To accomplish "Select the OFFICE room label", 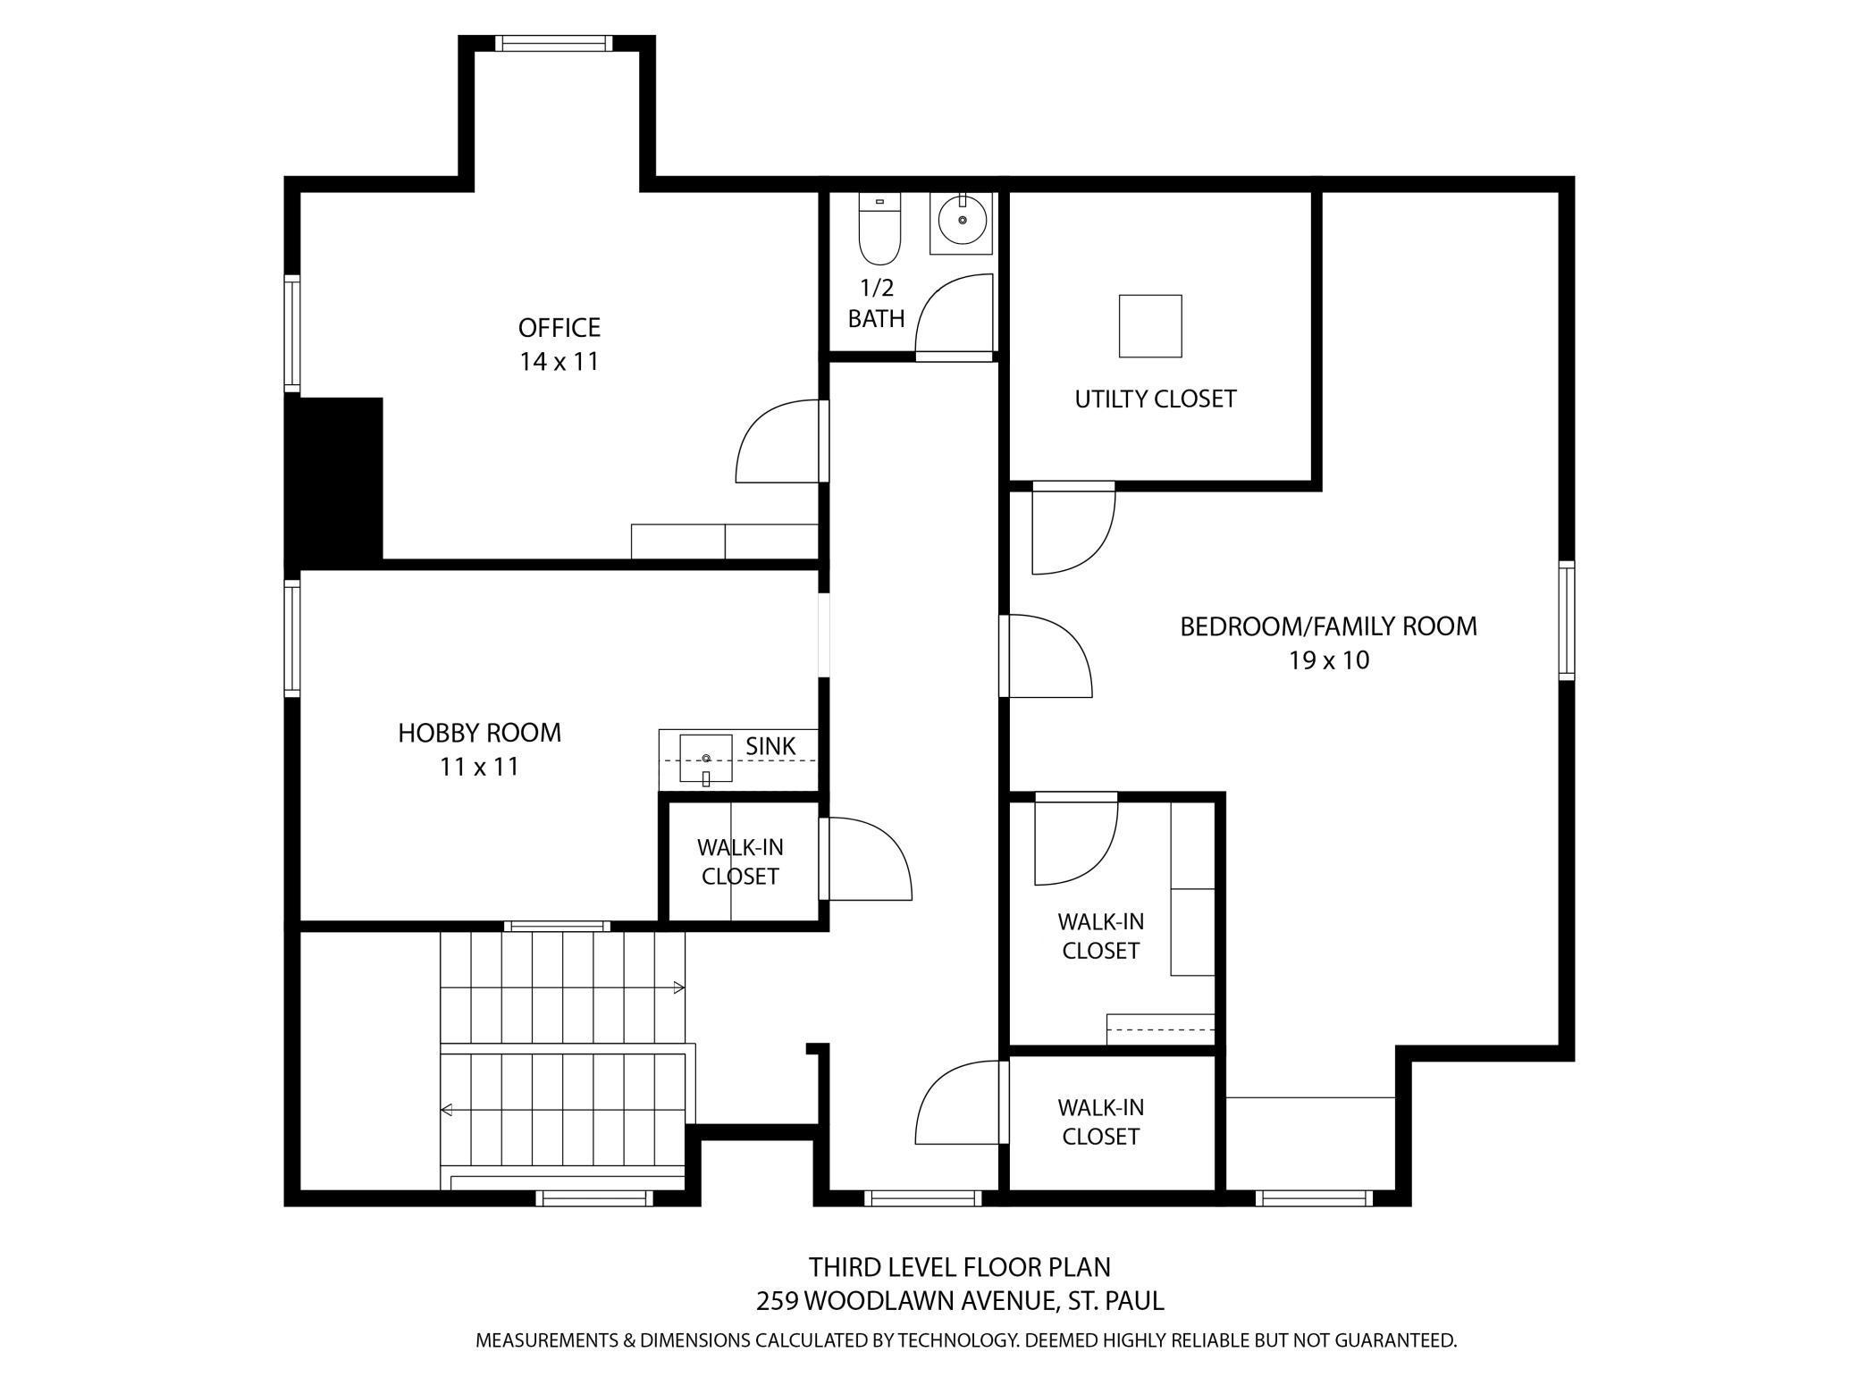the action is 559,328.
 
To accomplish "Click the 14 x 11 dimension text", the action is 559,362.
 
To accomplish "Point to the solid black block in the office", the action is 334,479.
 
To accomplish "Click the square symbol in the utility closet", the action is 1151,326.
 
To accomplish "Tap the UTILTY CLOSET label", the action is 1156,399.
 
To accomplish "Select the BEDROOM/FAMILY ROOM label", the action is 1329,626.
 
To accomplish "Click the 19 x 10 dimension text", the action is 1329,660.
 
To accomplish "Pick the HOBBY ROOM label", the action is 480,733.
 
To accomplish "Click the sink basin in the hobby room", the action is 706,759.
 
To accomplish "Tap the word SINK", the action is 770,745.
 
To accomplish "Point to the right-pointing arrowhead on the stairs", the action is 679,987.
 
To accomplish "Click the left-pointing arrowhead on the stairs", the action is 447,1110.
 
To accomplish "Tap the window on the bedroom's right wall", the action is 1567,620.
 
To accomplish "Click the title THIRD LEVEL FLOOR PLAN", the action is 960,1267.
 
